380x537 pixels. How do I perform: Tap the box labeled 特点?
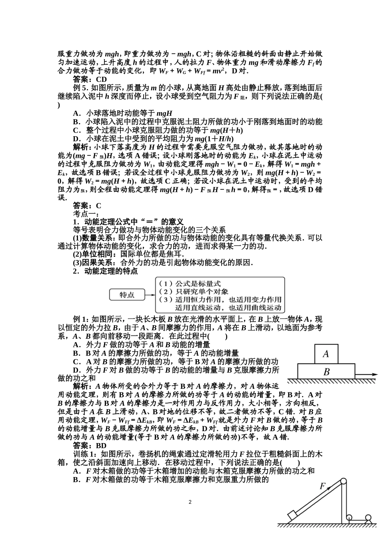pos(127,295)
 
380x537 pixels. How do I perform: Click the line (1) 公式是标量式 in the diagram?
pos(190,284)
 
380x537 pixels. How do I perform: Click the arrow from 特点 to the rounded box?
pos(150,295)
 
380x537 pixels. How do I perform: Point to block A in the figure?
pos(326,354)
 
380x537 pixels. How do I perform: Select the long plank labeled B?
pos(326,372)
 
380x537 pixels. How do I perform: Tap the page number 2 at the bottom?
pos(190,502)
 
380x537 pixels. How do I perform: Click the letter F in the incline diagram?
pos(323,486)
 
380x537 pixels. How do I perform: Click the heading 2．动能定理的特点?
pos(105,271)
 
